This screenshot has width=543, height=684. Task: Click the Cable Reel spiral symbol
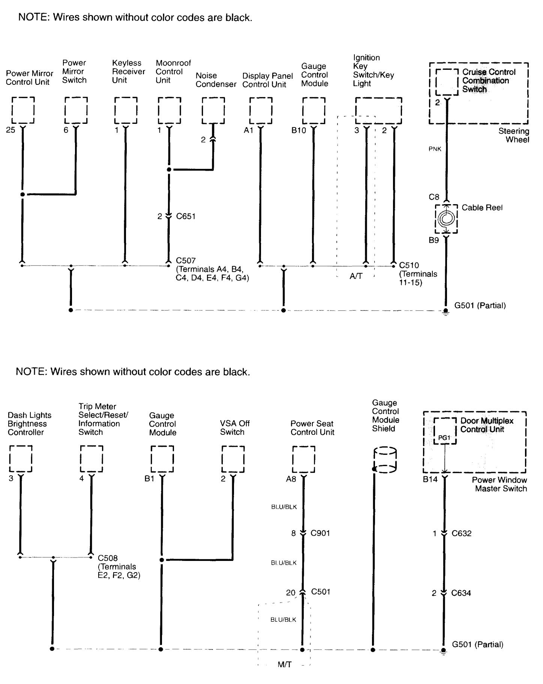pos(446,218)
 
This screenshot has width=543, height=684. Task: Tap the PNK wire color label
pos(435,149)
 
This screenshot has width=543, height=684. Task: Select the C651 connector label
pos(186,216)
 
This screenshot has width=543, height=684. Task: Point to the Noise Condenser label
pos(216,80)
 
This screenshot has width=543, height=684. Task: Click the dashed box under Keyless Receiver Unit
pos(126,110)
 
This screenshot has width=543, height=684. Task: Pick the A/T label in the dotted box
pos(356,276)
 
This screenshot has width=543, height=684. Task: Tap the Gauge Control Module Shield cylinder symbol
pos(385,460)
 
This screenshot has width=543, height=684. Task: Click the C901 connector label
pos(321,533)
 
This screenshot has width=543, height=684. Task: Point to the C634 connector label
pos(461,593)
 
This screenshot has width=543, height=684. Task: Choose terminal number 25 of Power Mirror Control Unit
pos(10,130)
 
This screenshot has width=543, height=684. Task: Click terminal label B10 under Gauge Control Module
pos(299,130)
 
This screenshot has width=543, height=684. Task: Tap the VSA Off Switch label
pos(234,428)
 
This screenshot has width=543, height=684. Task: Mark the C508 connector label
pos(108,558)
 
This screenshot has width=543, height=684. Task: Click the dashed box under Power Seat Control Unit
pos(303,459)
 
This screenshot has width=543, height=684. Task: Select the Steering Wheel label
pos(513,135)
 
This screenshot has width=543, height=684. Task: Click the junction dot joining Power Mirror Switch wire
pos(22,194)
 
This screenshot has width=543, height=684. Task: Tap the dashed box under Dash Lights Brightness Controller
pos(20,459)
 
